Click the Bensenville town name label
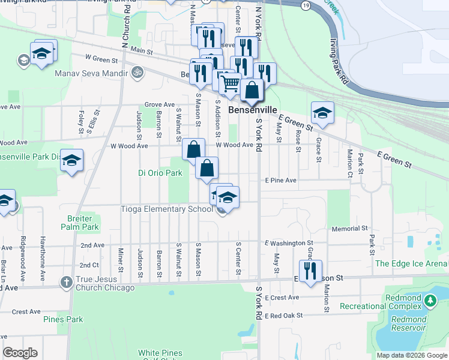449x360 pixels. (253, 110)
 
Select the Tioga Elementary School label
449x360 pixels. (167, 209)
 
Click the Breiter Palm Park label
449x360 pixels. (80, 223)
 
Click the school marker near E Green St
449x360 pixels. (322, 113)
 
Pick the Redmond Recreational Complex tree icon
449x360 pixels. (430, 301)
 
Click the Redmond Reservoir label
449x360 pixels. (408, 323)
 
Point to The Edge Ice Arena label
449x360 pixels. (411, 263)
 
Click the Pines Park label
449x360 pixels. (63, 319)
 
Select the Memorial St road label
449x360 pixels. (349, 229)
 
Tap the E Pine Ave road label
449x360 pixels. (281, 180)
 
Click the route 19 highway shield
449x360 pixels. (306, 5)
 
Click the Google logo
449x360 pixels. (20, 353)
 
